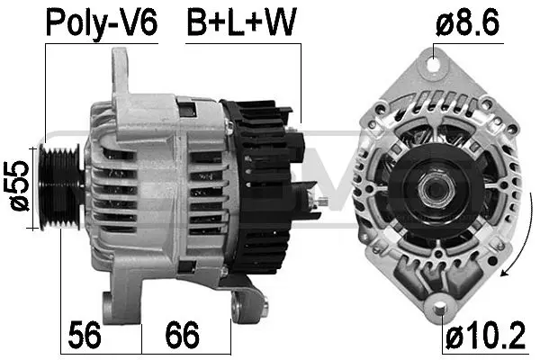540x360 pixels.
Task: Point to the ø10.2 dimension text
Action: (x=485, y=337)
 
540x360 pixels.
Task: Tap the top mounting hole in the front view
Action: (x=437, y=64)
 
